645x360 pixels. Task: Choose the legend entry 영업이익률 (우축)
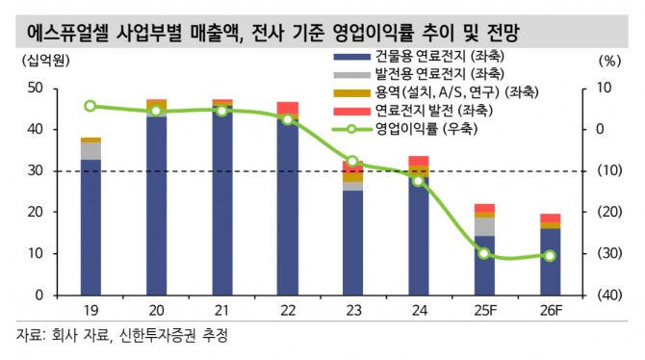point(424,127)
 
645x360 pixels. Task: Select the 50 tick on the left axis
point(36,88)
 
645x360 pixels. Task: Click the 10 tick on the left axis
point(36,253)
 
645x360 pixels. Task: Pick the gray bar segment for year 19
point(90,150)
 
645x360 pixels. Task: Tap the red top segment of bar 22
point(287,108)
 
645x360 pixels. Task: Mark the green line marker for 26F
point(549,256)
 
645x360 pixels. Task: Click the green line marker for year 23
point(352,162)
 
